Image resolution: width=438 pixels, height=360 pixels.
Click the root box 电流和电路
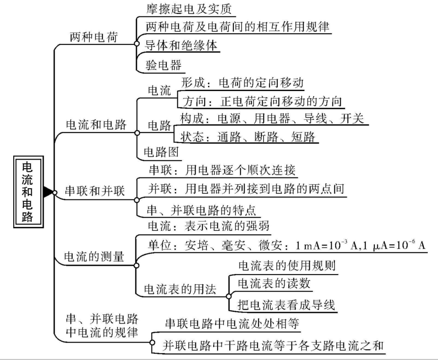pos(27,191)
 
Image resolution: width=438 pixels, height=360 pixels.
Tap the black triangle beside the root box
pos(48,192)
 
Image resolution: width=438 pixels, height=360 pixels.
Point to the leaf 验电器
pos(164,65)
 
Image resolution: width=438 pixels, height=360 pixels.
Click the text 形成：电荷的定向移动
pos(242,83)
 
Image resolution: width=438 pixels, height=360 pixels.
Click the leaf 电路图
pos(161,152)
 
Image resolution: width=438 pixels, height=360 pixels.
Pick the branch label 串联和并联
pos(94,191)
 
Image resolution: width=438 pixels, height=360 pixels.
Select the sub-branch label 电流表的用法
pos(179,289)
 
